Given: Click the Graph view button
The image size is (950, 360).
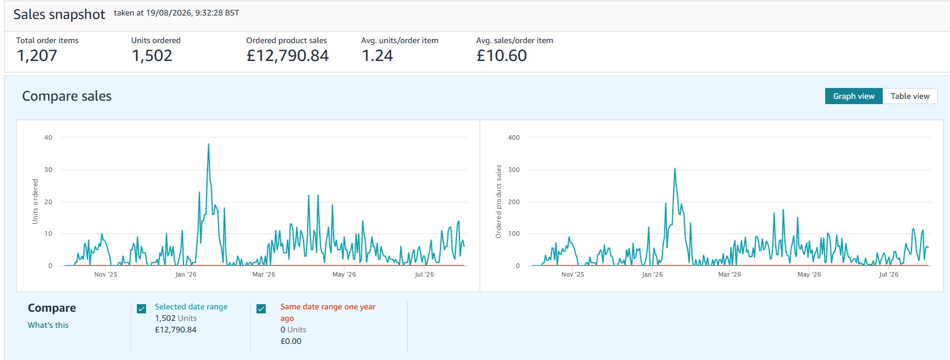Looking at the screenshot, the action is [854, 96].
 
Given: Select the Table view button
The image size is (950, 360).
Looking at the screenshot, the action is [910, 96].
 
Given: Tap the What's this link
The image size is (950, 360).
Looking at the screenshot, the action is [48, 325].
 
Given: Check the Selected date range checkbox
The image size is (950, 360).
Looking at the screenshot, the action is [141, 309].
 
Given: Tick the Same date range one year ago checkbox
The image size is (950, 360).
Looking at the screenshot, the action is [261, 309].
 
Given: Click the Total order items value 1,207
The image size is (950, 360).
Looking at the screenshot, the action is [37, 56].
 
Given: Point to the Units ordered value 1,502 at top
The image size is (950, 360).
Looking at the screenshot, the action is [152, 56].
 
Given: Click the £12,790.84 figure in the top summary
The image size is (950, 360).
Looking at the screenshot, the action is [288, 56].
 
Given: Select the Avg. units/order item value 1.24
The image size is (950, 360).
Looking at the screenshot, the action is [377, 56].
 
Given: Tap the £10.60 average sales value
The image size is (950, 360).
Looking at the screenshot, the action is [501, 56].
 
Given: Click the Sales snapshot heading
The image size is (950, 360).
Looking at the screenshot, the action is [59, 14].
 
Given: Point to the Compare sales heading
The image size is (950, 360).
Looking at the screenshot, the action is [67, 96].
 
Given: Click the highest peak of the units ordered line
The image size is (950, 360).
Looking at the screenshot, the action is [208, 144].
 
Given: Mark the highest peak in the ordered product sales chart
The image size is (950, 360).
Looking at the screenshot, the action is [675, 168].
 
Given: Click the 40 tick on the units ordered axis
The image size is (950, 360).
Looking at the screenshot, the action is [48, 137].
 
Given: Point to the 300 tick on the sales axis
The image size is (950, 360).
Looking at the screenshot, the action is [514, 170].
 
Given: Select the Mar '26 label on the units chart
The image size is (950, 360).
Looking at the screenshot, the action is [264, 274].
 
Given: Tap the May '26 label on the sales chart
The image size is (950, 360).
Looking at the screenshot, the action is [809, 274].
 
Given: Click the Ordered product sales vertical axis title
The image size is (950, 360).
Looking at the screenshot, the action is [499, 201].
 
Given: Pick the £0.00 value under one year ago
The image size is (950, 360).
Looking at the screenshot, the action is [291, 341].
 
